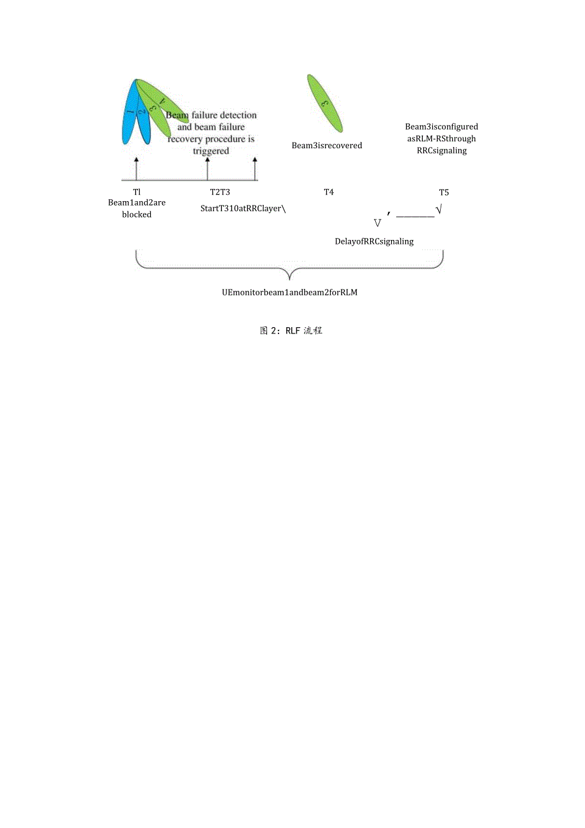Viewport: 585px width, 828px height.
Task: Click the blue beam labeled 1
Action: (x=129, y=115)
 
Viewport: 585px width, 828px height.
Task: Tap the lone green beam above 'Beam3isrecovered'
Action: (x=325, y=103)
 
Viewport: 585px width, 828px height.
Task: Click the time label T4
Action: (x=329, y=192)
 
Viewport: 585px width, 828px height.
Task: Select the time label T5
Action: (x=444, y=192)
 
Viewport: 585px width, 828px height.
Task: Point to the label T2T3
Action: (x=220, y=192)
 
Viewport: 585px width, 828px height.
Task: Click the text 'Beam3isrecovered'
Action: (x=327, y=146)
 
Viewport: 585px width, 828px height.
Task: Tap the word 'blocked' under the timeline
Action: (x=137, y=215)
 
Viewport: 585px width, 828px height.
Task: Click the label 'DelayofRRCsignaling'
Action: (x=375, y=241)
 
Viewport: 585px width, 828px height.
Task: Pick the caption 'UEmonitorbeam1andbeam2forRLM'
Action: (x=290, y=293)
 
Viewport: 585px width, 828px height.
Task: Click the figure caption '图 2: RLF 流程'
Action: (x=291, y=331)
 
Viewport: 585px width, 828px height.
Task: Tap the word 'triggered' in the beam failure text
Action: (x=210, y=151)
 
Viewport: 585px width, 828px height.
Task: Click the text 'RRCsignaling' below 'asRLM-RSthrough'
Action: (x=442, y=151)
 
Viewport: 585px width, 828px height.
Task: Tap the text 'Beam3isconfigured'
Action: (x=442, y=127)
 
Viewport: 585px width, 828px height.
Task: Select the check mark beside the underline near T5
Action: (x=439, y=209)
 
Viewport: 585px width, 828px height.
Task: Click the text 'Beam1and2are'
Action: (x=137, y=203)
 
